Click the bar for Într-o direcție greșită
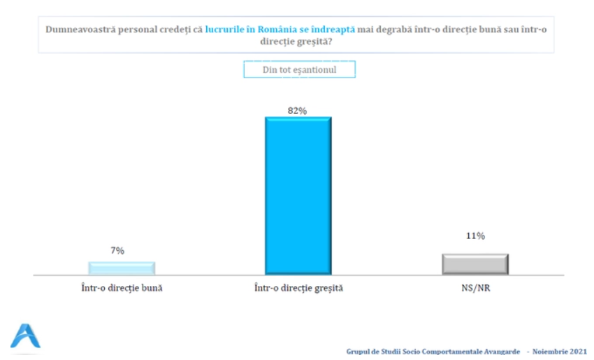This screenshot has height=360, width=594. pos(298,196)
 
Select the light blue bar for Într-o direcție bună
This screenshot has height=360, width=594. pos(121,268)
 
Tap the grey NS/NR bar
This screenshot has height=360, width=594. pos(475,264)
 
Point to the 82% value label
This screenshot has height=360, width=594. pos(297,110)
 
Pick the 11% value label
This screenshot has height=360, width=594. pos(475,236)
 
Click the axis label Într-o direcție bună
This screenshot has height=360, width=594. pos(122,287)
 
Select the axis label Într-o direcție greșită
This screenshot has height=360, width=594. pos(298,287)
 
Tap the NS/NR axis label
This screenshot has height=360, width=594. pos(475,287)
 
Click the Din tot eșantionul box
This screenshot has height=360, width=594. pos(299,69)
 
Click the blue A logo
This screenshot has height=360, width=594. pos(25,336)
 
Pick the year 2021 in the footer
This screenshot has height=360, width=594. pos(577,352)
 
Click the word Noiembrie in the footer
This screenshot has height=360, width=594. pos(549,352)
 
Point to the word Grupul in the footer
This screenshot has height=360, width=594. pos(359,352)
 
